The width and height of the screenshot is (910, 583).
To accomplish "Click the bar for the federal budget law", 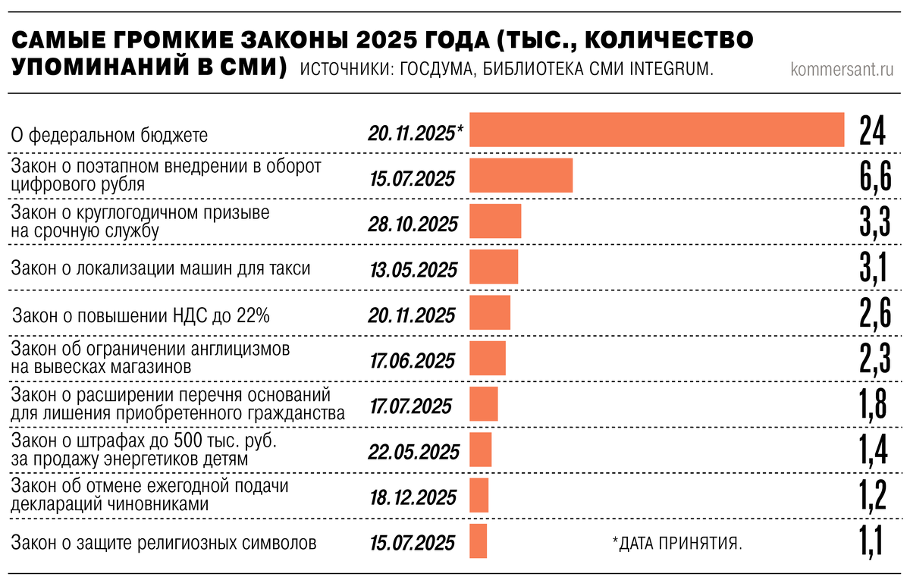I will pos(657,130).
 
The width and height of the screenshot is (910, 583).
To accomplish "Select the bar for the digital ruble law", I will pos(521,175).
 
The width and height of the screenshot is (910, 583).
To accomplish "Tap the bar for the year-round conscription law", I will pos(495,222).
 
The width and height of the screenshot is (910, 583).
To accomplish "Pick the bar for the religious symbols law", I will pos(479,541).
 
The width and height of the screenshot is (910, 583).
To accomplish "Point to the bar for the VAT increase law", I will pos(490,313).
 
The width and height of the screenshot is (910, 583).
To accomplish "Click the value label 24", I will pos(873,130).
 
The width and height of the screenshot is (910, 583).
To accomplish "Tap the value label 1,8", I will pos(873,405).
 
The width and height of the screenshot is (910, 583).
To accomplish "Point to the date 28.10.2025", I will pos(414,225).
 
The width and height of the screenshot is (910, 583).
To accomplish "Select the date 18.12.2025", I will pos(413,497).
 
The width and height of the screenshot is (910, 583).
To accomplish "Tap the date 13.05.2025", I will pos(414,270).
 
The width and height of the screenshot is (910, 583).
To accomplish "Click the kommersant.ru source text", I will pos(842,70).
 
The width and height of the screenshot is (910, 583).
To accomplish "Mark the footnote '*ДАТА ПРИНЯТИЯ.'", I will pos(676,543).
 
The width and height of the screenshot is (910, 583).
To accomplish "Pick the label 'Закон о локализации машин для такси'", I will pos(161,268).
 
